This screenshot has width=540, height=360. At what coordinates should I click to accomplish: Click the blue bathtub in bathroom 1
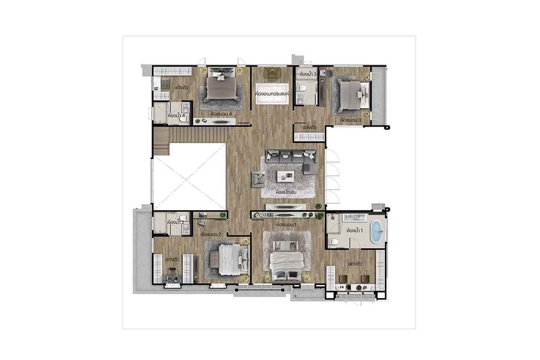coord(376,232)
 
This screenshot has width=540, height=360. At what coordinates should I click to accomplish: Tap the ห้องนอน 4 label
coord(221,114)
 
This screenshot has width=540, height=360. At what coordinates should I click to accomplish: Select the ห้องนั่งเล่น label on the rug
coord(286,192)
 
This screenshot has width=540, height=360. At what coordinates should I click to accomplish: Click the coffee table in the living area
coord(286,176)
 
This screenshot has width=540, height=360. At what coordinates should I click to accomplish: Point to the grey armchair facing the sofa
coord(258,179)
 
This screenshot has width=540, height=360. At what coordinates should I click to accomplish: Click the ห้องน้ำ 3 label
coord(308,74)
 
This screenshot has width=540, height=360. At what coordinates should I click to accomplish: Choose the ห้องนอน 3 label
coord(351,120)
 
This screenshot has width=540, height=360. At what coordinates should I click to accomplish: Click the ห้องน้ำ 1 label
coord(355,230)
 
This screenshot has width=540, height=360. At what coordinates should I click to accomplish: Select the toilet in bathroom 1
coord(333,242)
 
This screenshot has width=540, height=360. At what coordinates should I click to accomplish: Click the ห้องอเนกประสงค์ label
coord(272,94)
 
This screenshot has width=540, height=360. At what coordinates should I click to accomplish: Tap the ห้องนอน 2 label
coord(211,234)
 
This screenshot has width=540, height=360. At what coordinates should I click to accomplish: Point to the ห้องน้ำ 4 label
coord(176,116)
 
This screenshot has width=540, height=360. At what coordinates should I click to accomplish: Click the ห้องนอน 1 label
coord(286,225)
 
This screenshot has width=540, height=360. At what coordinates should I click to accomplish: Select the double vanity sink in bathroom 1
coord(355,217)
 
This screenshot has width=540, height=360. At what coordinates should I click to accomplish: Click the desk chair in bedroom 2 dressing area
coord(172,271)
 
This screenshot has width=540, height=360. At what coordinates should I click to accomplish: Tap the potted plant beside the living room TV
coord(319,206)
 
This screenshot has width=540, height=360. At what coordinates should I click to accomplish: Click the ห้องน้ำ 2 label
coord(176,222)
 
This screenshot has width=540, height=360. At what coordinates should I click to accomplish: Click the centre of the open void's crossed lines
coord(189,176)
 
